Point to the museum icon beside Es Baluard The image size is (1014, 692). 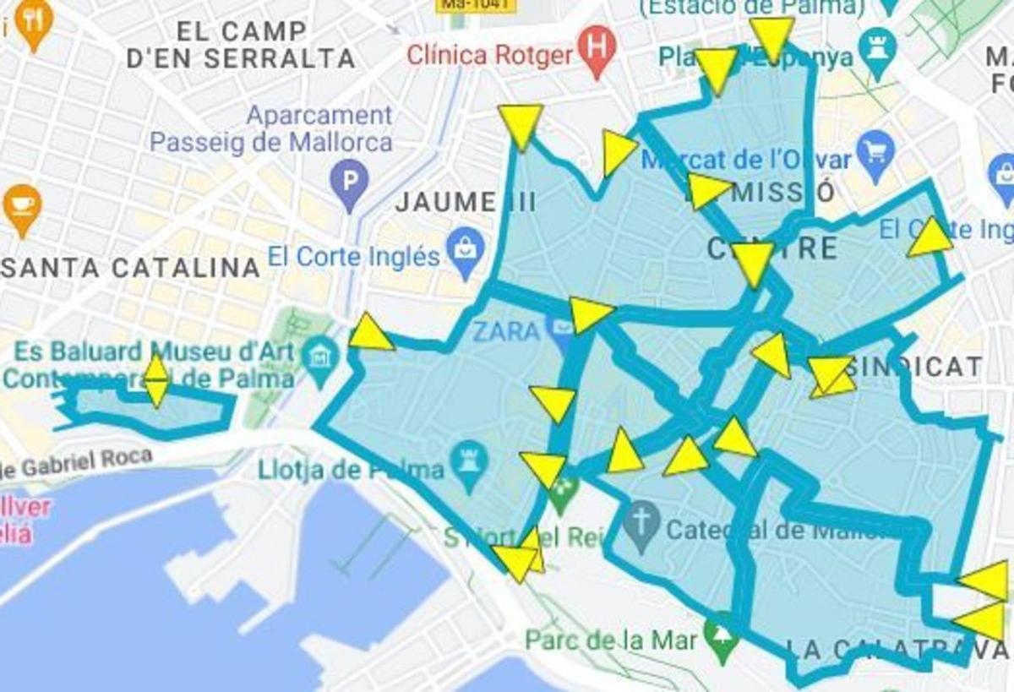point(320,356)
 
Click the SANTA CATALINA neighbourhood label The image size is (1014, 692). point(130,268)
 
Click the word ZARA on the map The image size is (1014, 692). point(506,330)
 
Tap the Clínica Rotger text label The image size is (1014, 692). point(491,56)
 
